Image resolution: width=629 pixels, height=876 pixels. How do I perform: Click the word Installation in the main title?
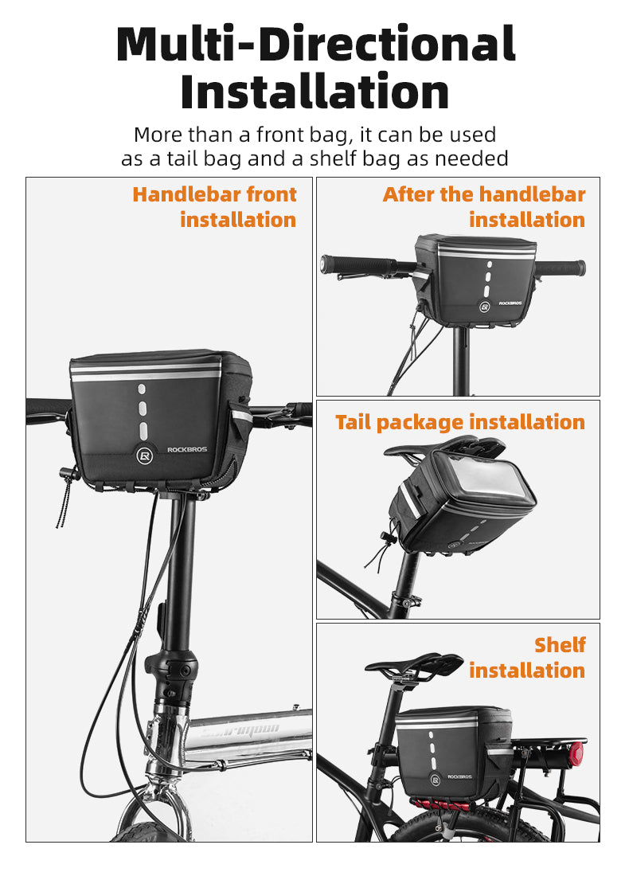tap(314, 92)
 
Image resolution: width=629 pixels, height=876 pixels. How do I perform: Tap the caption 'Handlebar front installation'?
tap(215, 206)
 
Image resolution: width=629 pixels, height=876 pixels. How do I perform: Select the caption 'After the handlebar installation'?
tap(484, 206)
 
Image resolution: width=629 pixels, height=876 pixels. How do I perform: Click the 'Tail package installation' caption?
tap(460, 422)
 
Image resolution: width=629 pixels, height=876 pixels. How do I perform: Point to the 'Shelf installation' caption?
tap(527, 657)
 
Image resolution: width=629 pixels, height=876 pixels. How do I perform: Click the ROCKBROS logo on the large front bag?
tap(187, 449)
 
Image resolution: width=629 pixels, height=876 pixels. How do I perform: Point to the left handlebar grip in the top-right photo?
tap(356, 264)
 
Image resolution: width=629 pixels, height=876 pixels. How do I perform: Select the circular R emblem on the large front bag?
tap(144, 456)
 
